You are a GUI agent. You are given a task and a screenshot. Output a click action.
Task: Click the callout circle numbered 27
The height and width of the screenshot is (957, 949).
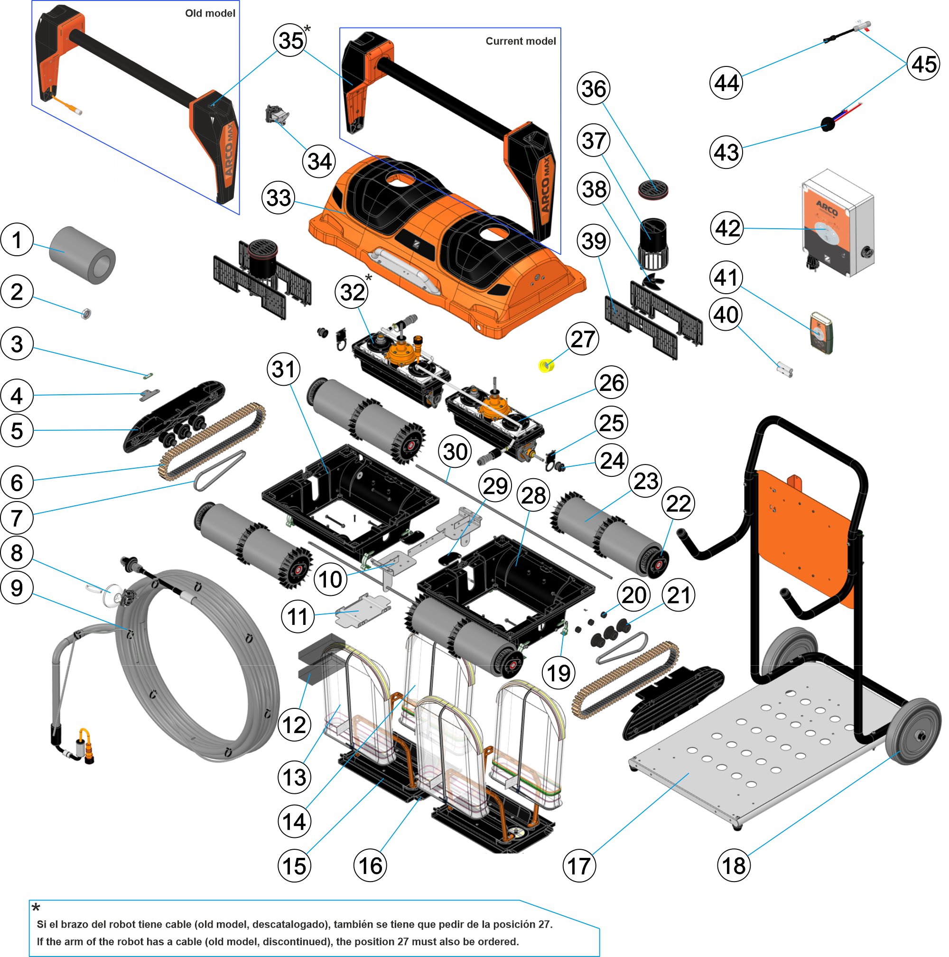[583, 339]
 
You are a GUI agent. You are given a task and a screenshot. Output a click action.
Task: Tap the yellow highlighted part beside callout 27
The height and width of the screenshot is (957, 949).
[546, 365]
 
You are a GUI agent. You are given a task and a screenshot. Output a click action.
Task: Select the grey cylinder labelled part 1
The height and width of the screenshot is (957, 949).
[82, 255]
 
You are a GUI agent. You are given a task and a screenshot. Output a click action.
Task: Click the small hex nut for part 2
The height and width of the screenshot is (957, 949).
[86, 314]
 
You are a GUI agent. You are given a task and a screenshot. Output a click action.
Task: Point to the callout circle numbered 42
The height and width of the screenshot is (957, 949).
[727, 228]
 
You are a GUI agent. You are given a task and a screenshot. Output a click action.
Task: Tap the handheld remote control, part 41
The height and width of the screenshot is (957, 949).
[821, 333]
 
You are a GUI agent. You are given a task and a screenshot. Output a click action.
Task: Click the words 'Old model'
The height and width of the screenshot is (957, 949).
[210, 13]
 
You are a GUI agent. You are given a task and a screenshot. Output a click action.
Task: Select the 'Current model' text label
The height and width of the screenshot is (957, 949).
[520, 41]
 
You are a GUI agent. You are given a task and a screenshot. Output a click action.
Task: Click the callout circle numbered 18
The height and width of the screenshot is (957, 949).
[734, 865]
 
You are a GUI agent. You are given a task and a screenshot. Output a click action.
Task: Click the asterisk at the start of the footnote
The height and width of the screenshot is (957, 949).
[36, 907]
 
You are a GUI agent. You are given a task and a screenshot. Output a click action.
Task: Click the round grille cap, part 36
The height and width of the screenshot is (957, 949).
[653, 190]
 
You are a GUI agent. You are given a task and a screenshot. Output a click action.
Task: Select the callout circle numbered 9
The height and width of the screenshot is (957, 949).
[17, 588]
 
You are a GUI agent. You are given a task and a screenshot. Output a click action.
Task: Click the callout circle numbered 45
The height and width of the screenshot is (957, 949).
[924, 65]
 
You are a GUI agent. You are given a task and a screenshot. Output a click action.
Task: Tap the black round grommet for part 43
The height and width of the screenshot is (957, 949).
[827, 124]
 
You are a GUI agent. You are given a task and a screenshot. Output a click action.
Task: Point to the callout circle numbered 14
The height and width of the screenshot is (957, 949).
[294, 822]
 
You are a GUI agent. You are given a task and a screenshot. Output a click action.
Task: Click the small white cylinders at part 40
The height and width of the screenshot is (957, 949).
[784, 370]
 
